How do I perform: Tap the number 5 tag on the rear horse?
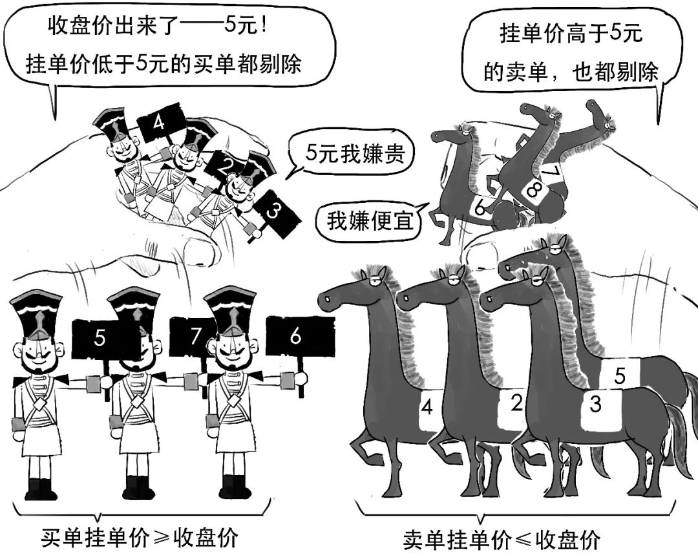tap(619, 374)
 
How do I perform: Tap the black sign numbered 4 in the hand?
tap(160, 125)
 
